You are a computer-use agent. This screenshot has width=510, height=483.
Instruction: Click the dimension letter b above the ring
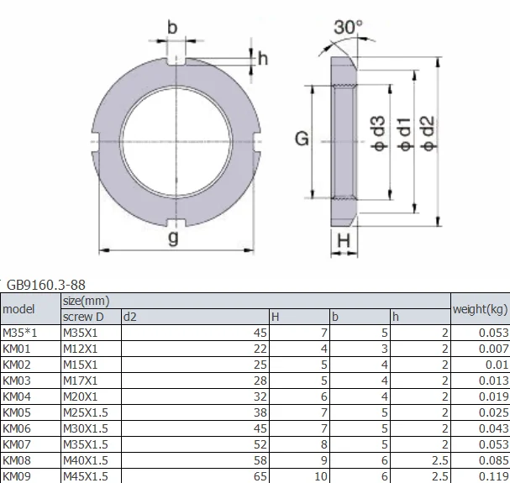tap(172, 28)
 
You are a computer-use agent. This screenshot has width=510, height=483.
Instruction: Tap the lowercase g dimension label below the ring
tap(173, 239)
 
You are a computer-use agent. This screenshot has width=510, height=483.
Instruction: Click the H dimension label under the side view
tap(343, 242)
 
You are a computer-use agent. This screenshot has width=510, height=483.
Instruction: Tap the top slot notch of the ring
tap(173, 60)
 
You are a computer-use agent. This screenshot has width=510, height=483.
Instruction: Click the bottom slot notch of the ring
tap(173, 221)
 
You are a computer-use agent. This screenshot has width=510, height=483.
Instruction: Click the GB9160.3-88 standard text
tap(46, 286)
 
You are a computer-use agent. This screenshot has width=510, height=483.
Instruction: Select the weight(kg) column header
tap(480, 309)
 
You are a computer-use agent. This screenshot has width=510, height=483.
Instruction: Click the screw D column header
tap(83, 318)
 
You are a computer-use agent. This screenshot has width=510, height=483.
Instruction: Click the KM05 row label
tap(17, 412)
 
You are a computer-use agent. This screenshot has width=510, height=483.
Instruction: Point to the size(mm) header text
tap(87, 301)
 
